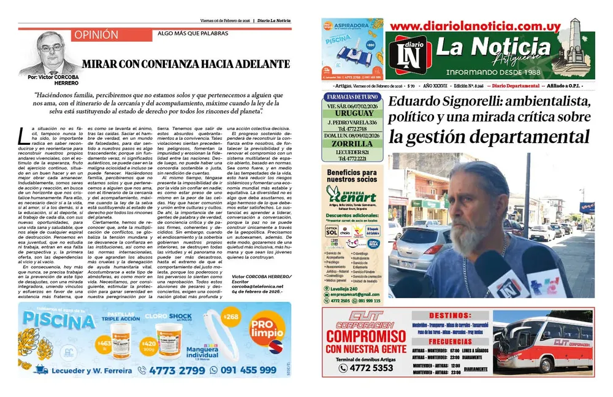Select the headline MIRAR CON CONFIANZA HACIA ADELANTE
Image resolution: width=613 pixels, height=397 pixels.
click(186, 64)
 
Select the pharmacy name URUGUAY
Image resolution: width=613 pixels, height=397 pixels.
click(352, 114)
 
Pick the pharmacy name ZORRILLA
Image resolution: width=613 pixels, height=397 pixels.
click(352, 142)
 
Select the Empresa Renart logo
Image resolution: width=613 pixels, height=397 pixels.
click(351, 193)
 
